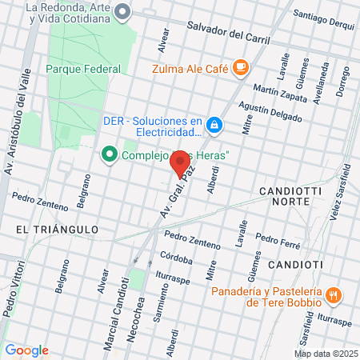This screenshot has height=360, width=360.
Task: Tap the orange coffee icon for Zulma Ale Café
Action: tap(242, 68)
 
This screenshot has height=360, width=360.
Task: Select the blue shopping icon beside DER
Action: tap(214, 125)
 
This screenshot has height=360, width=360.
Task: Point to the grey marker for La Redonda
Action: tap(122, 11)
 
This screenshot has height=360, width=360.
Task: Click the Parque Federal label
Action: tap(83, 69)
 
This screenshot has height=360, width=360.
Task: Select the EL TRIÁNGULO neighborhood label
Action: tap(57, 230)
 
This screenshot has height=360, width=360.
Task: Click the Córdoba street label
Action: tap(176, 259)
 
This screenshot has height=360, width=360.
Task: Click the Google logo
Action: tap(26, 350)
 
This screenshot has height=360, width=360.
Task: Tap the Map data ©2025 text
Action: tap(326, 354)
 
